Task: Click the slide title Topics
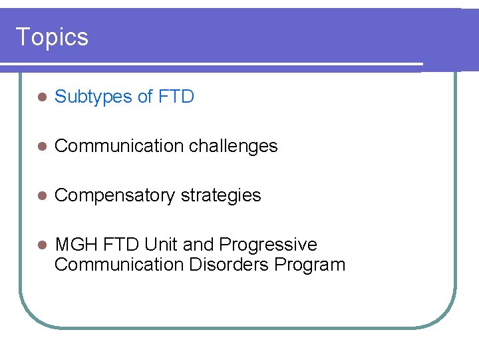pos(52,37)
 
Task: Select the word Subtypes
pos(93,97)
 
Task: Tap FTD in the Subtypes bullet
pos(176,97)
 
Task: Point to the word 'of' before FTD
pos(145,97)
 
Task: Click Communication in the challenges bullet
pos(110,146)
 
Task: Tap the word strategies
pos(221,195)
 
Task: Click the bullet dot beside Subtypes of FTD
pos(41,97)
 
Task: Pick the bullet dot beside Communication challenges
pos(41,147)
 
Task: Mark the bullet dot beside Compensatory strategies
pos(41,196)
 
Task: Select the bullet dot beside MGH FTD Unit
pos(41,245)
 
